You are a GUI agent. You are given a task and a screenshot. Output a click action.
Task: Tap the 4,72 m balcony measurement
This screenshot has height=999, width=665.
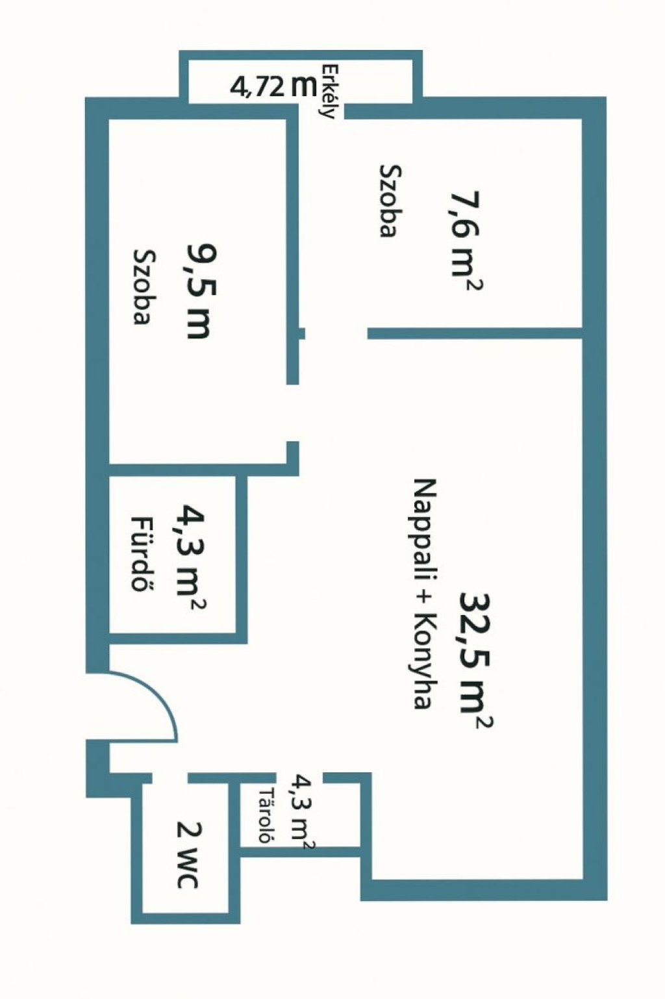273,86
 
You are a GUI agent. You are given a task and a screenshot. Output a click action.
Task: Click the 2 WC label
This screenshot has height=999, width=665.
187,855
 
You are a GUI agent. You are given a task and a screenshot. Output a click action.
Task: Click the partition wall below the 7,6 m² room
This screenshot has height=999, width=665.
475,333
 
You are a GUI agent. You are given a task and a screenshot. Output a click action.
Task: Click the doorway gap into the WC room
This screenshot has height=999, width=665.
170,778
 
